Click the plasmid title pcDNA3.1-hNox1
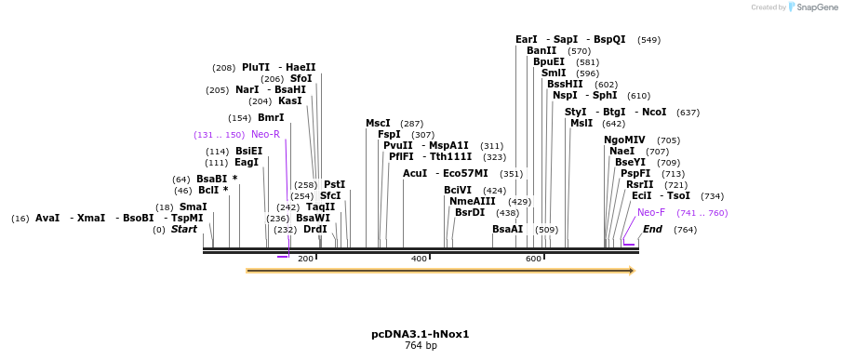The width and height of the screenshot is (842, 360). point(421,334)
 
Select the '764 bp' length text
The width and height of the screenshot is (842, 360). point(421,346)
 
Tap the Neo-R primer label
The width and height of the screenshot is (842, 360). point(265,135)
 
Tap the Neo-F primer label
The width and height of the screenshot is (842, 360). point(651,213)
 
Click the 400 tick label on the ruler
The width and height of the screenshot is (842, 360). point(419,259)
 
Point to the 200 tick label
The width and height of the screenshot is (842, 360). point(305,259)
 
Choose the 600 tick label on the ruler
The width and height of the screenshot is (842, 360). point(533,259)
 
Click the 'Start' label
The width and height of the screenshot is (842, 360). point(184,229)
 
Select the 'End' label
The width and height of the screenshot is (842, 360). point(653,229)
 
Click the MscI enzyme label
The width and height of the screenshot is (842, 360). point(378,123)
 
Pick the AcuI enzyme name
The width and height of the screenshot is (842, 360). point(415,173)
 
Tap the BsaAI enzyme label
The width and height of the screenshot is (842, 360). point(507,229)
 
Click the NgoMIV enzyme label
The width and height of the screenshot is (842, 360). point(624,140)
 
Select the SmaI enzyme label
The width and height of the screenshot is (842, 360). point(194,207)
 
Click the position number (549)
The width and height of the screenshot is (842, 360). point(648,40)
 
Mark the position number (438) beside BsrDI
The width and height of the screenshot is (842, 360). point(507,213)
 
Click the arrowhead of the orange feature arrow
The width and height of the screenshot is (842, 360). point(631,271)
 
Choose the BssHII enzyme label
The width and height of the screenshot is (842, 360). point(565,84)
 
